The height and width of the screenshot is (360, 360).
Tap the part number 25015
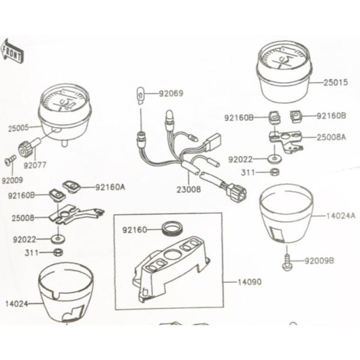(x=335, y=82)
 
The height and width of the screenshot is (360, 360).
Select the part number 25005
(x=19, y=128)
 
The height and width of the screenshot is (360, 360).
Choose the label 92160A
(x=110, y=187)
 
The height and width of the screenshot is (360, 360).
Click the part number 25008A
(x=331, y=137)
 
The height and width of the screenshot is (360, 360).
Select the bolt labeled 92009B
(x=287, y=261)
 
